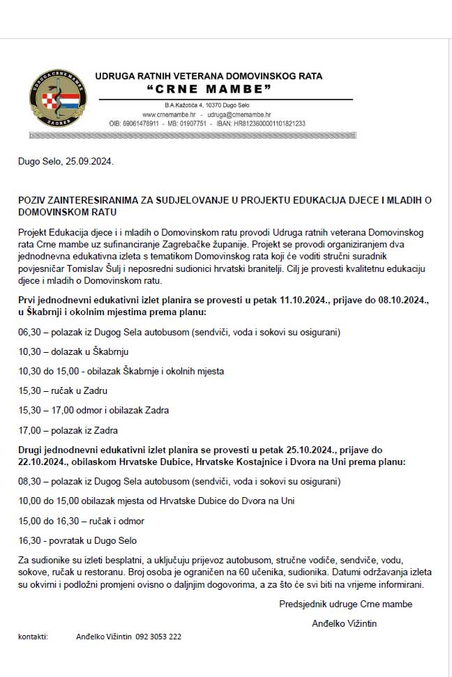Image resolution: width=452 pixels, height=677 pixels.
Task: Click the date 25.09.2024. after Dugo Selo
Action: [x=89, y=161]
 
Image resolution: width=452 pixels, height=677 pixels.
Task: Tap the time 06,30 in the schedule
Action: [x=29, y=332]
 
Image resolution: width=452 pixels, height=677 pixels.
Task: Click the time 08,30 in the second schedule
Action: [x=29, y=481]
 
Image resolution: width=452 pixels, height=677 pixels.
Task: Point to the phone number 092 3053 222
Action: [x=158, y=636]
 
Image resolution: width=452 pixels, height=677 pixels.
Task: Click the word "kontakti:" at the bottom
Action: [x=33, y=636]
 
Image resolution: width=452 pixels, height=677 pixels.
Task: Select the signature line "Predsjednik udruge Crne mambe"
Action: [x=345, y=603]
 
